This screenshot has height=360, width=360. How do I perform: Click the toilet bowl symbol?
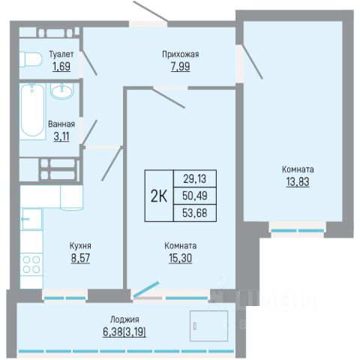[31, 59]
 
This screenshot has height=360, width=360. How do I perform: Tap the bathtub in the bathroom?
[32, 112]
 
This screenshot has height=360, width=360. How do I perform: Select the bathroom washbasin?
[62, 91]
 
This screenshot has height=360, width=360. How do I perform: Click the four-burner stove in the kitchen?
[31, 264]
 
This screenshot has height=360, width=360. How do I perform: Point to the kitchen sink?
[32, 219]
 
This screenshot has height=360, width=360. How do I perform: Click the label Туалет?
[61, 54]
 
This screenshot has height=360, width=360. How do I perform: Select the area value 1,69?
[61, 67]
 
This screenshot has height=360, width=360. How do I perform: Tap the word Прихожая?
[181, 54]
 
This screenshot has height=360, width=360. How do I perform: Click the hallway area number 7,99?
[181, 67]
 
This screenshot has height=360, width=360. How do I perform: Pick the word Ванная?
[61, 124]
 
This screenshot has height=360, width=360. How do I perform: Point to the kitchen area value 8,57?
[80, 258]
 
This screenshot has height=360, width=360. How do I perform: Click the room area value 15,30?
[181, 258]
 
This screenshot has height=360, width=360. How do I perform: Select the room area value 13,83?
[298, 181]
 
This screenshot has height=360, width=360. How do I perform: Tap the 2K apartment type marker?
[159, 196]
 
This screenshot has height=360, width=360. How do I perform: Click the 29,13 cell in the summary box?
[195, 178]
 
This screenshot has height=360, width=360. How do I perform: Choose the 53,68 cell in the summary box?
[195, 213]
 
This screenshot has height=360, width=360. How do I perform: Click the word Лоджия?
[124, 319]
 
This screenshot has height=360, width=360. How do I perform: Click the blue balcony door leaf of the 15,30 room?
[146, 289]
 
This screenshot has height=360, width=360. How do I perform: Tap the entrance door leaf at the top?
[151, 11]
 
